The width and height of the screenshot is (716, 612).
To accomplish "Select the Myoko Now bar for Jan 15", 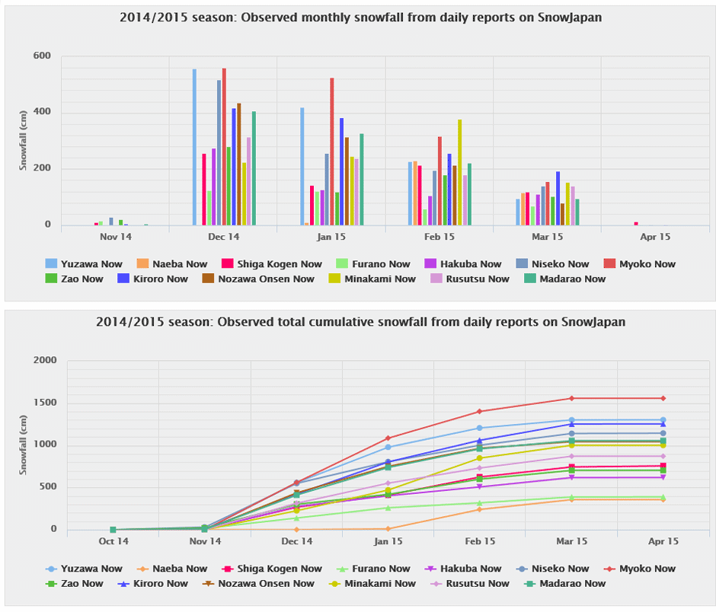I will point(332,151).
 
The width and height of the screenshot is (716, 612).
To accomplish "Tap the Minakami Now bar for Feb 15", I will point(460,172).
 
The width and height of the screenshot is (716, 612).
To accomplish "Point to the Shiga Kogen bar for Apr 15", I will point(636,224).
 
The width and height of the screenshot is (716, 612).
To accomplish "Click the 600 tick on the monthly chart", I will point(42,56).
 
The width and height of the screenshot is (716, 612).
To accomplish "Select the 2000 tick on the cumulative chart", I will point(47,360).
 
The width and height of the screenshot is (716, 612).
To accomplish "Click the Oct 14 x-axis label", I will point(113,542).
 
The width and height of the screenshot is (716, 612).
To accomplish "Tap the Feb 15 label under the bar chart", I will point(439,237).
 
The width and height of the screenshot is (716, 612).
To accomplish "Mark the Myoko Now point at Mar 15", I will point(571,398).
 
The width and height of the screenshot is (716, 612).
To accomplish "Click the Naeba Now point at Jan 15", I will point(388,528).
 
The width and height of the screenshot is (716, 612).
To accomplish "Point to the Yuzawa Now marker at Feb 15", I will point(479,428).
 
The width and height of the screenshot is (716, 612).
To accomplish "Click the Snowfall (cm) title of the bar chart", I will point(23,141).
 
